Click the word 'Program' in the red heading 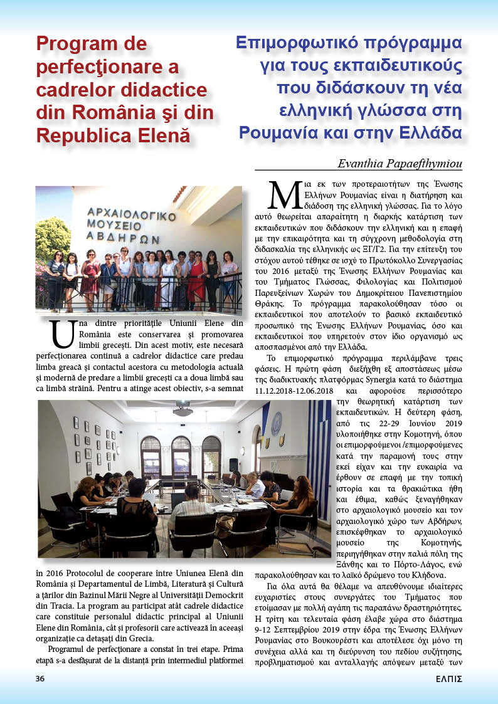73,44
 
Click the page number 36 40,678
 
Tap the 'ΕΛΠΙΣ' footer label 449,678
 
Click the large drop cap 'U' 63,335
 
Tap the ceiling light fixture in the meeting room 183,411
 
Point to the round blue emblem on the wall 276,423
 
